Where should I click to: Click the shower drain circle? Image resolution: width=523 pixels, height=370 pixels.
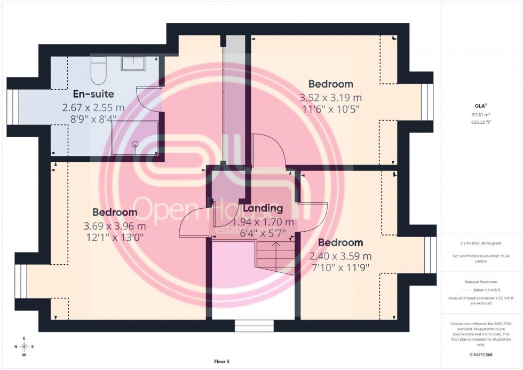point(135,144)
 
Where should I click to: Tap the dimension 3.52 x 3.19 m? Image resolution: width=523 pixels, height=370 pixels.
point(330,98)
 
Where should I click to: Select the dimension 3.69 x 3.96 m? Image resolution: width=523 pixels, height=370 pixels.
point(114,225)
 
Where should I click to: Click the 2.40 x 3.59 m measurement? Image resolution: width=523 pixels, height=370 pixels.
point(340,256)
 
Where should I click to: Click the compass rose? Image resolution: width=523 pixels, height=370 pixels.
point(24,347)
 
